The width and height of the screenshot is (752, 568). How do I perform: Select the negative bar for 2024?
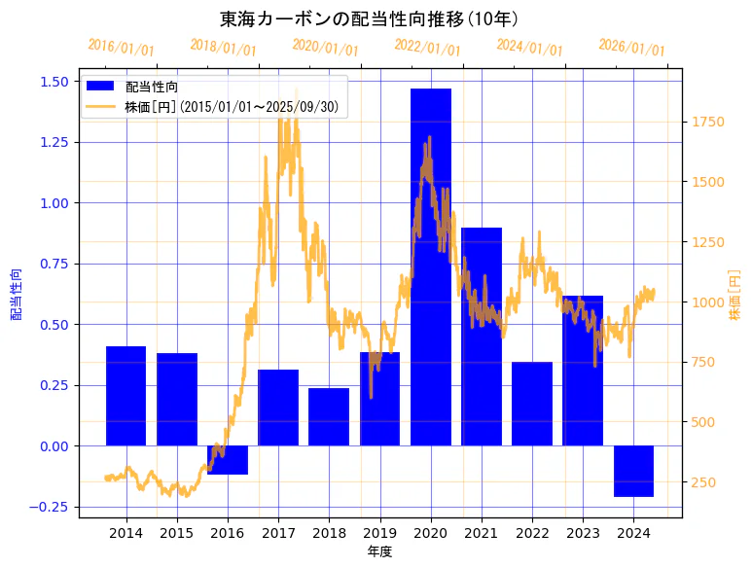tap(633, 471)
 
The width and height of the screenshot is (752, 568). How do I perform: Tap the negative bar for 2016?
tap(228, 460)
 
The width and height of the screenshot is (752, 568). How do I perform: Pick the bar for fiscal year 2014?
tap(125, 396)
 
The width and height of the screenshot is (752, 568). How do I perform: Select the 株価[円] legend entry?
tap(231, 107)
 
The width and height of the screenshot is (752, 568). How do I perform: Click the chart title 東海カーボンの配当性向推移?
tap(369, 19)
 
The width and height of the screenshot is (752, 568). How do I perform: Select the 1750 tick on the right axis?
tap(708, 122)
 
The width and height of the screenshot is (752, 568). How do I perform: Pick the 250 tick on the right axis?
tap(704, 482)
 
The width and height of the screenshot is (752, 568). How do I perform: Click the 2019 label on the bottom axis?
tap(379, 533)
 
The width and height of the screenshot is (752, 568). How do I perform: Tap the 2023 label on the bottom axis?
tap(583, 533)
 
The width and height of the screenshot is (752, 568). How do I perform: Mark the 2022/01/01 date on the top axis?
tap(428, 48)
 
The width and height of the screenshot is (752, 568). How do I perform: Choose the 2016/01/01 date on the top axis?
tap(121, 47)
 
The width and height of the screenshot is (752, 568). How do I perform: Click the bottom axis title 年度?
tap(380, 551)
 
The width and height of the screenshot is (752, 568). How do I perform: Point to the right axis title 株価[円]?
tap(735, 295)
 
